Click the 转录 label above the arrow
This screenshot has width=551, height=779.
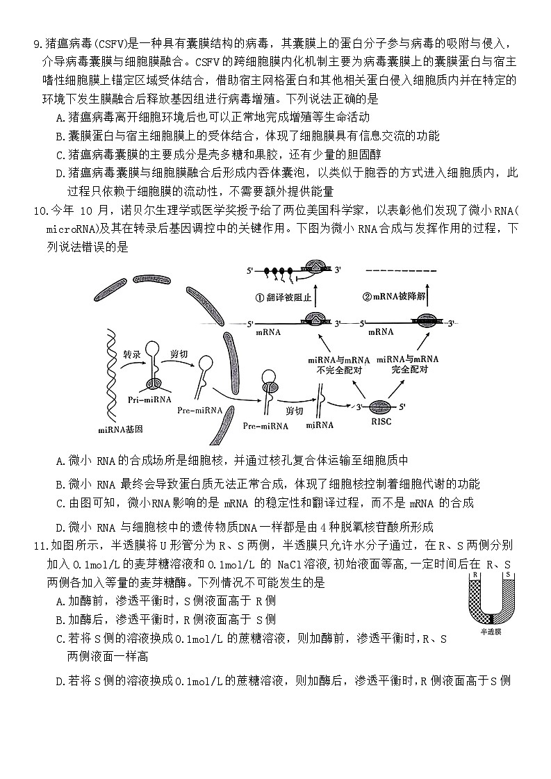132,354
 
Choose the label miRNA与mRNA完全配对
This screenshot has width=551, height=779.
408,364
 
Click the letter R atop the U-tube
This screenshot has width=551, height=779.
474,575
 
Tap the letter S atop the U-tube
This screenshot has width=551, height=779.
508,575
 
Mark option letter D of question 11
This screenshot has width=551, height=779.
60,681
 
